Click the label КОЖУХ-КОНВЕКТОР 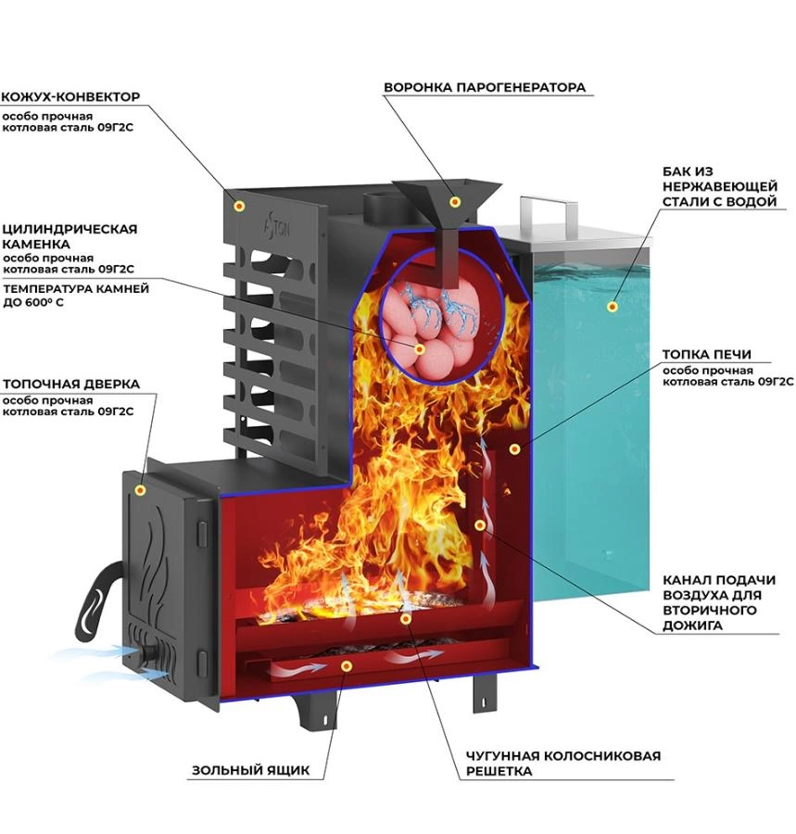70,96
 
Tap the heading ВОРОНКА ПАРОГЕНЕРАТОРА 485,87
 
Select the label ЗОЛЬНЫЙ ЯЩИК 250,770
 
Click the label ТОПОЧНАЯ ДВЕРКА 71,384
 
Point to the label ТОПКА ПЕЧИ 707,354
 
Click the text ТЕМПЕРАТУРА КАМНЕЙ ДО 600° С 76,296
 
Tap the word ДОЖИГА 692,625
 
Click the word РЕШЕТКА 499,771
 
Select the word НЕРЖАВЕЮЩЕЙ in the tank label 720,186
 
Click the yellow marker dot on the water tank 613,307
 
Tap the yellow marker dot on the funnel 455,202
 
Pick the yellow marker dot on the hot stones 420,349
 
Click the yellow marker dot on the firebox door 140,490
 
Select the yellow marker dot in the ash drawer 347,666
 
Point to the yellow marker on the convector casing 240,206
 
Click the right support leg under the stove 484,693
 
